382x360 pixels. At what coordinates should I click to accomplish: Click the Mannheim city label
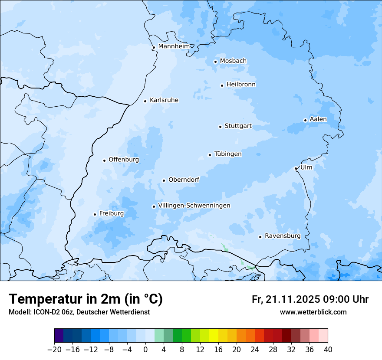tap(174, 46)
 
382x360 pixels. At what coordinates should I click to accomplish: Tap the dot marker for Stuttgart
tap(220, 127)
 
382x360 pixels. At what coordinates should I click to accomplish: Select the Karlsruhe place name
tap(164, 100)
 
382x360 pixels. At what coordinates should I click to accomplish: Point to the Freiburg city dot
tap(95, 214)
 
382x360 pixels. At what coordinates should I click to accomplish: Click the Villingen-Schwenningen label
tap(194, 206)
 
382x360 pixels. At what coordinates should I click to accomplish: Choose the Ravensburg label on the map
tap(282, 236)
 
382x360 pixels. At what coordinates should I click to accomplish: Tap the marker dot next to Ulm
tap(296, 168)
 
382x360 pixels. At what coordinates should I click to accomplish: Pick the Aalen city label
tap(318, 119)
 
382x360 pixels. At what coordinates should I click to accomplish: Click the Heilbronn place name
tap(241, 85)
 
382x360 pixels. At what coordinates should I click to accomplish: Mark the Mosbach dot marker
tap(215, 62)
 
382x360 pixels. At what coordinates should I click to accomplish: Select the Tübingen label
tap(228, 154)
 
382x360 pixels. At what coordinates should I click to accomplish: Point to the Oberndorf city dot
tap(164, 180)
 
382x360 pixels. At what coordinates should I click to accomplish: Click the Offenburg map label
tap(123, 160)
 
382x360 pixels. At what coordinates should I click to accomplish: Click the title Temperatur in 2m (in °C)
tap(86, 299)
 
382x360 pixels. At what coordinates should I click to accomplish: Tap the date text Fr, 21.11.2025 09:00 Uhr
tap(310, 299)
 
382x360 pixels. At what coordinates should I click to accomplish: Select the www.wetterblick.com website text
tap(313, 312)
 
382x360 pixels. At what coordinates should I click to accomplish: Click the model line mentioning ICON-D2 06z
tap(79, 312)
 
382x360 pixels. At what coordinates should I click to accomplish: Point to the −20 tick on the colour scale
tap(54, 350)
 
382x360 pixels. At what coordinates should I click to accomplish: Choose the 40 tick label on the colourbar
tap(328, 350)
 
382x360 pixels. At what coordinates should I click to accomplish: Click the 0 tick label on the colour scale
tap(145, 350)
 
